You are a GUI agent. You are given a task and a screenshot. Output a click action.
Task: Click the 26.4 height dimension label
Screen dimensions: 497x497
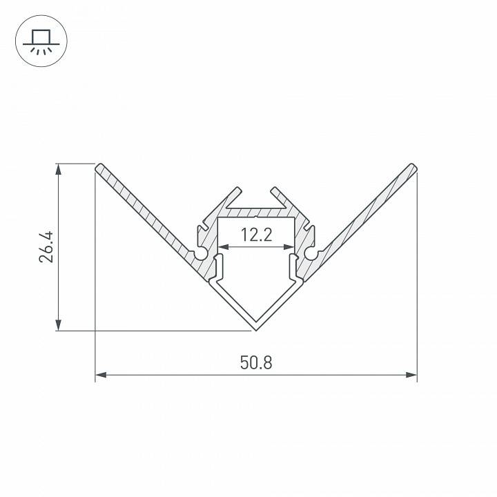pos(46,247)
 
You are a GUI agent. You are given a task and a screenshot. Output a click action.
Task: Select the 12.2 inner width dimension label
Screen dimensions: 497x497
pos(256,235)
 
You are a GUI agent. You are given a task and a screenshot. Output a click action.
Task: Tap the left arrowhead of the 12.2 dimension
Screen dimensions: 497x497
pos(222,246)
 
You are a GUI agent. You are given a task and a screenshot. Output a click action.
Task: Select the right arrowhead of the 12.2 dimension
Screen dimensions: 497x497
pos(290,246)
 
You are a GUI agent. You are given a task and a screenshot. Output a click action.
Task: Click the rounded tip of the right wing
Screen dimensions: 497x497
pos(412,168)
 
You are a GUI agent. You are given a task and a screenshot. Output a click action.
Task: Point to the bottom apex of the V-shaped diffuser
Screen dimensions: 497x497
pos(256,327)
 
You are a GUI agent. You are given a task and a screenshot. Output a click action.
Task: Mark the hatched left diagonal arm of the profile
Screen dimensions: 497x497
pos(145,211)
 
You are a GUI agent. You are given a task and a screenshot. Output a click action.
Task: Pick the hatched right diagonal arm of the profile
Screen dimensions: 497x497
pos(366,211)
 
